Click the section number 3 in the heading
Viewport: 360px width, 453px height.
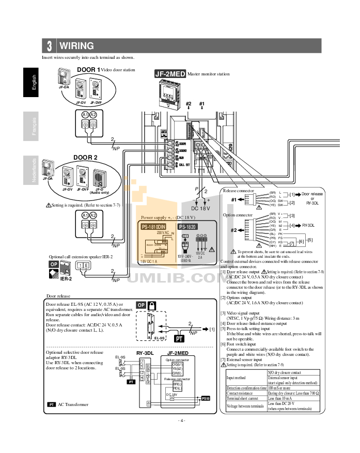click(x=49, y=46)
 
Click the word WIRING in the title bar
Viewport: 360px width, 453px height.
click(x=76, y=46)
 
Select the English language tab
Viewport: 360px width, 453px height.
click(x=33, y=83)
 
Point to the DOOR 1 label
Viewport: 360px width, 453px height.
click(x=88, y=69)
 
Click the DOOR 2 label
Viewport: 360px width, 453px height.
click(x=85, y=157)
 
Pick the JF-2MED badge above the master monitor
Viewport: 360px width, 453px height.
click(x=170, y=74)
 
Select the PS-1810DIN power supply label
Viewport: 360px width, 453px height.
click(x=156, y=226)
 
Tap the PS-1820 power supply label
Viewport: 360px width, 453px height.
click(x=189, y=226)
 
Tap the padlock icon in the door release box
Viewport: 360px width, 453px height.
click(x=153, y=305)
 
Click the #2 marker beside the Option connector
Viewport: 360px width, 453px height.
click(x=233, y=230)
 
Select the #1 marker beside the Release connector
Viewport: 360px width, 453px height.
click(x=233, y=199)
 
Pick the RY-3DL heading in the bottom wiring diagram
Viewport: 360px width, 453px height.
click(x=145, y=352)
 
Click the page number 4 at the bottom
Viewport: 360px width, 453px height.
click(x=180, y=420)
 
